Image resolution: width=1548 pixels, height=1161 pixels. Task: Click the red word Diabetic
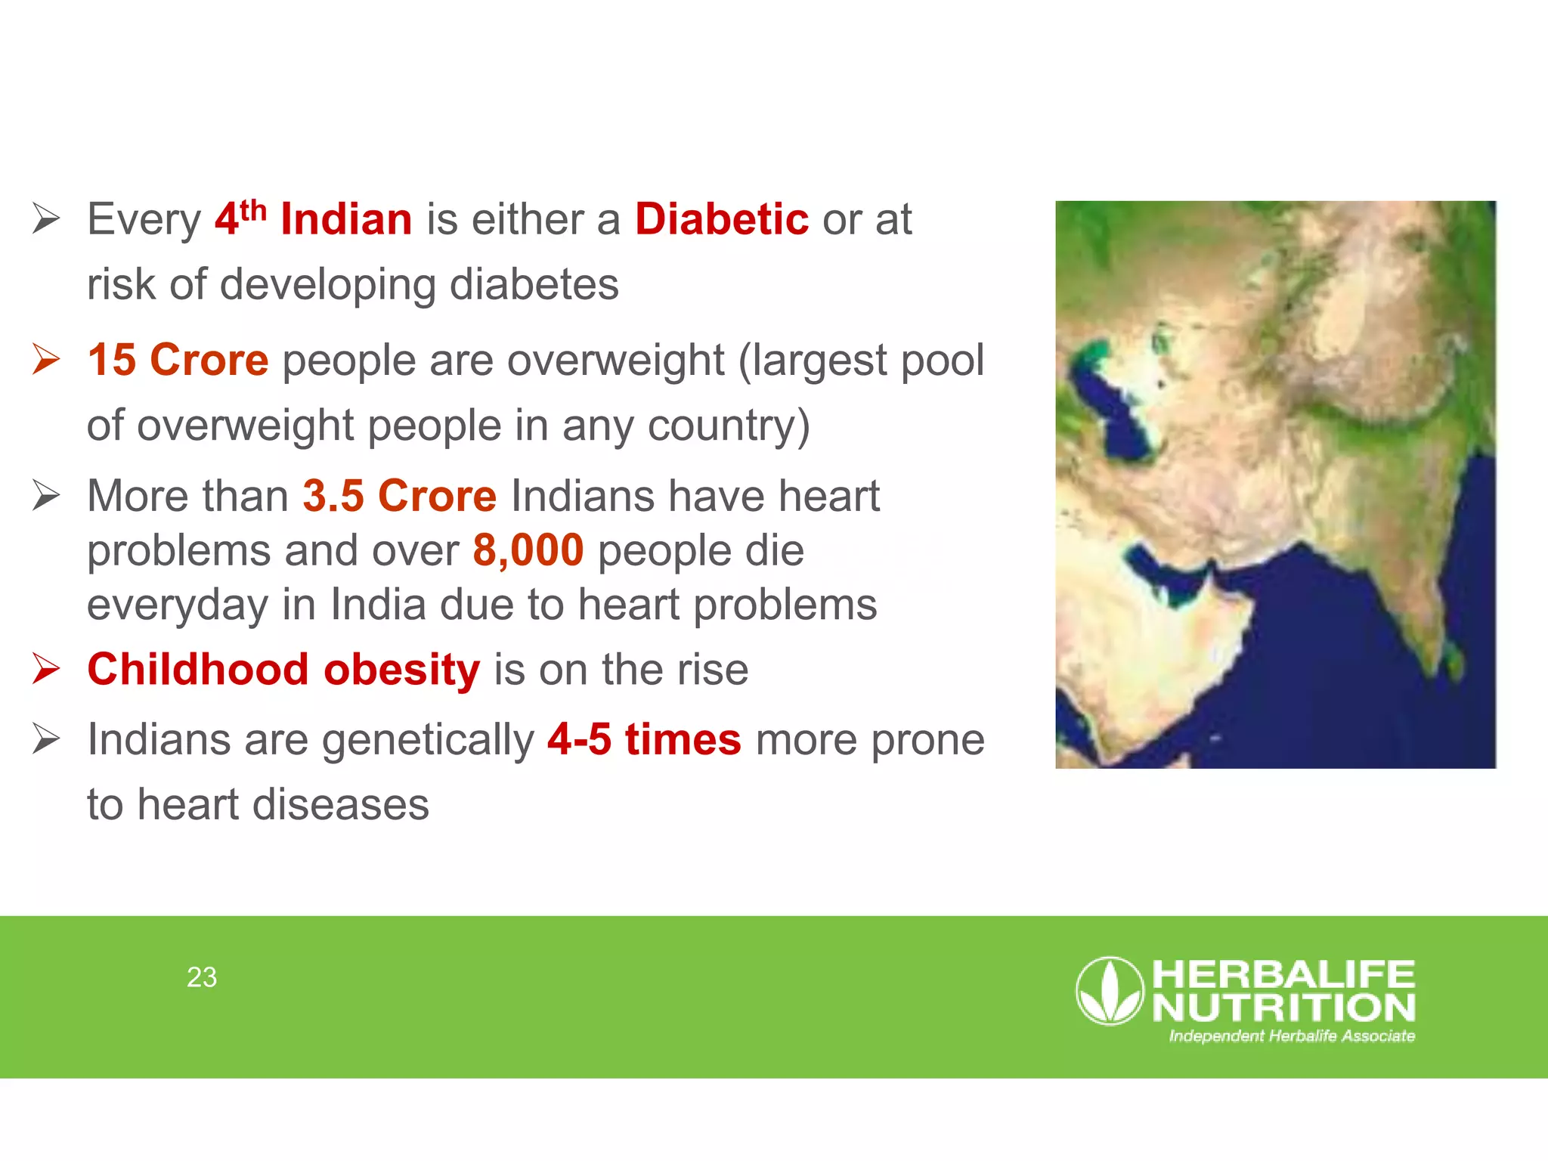tap(721, 219)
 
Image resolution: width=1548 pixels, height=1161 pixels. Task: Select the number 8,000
tap(528, 550)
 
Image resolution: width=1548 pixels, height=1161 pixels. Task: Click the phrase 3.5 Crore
tap(399, 496)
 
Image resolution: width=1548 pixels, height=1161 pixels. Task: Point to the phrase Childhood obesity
tap(283, 670)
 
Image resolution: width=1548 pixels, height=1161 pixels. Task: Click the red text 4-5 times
tap(644, 739)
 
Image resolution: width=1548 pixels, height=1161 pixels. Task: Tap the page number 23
tap(202, 977)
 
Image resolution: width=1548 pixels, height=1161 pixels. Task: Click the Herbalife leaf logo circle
tap(1110, 991)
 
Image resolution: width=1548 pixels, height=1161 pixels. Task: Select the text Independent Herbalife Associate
tap(1292, 1036)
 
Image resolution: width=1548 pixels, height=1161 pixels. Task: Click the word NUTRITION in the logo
tap(1283, 1008)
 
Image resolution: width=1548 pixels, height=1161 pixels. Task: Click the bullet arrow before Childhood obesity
tap(46, 669)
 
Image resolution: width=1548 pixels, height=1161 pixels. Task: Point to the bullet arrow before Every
tap(46, 219)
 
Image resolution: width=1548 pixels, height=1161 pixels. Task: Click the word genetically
tap(428, 739)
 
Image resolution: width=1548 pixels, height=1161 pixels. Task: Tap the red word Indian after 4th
tap(346, 219)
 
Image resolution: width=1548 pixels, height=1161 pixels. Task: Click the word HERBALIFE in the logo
tap(1283, 975)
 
